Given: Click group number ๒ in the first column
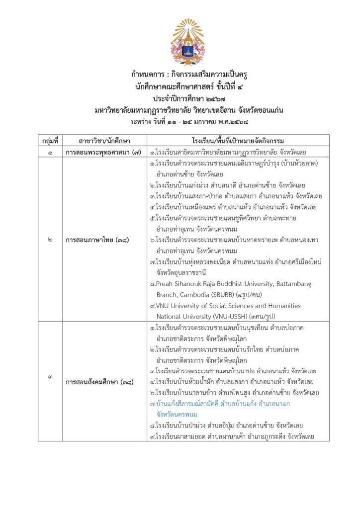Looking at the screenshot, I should click(51, 240).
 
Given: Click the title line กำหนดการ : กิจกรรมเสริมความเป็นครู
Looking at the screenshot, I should click(189, 75).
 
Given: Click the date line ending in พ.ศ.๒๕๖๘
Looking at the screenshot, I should click(189, 121).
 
